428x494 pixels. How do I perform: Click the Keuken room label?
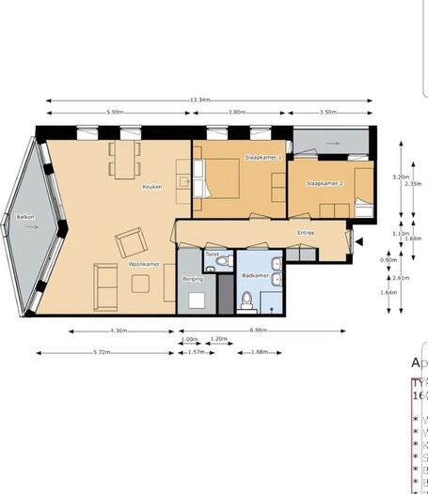(152, 186)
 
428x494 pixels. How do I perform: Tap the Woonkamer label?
(142, 264)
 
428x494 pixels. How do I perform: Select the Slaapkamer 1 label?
(263, 157)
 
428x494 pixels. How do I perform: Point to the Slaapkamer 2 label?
(325, 183)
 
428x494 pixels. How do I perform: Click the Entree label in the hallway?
(306, 232)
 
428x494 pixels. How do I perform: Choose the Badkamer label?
(256, 276)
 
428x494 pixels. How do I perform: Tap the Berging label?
(193, 279)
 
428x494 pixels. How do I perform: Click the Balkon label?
(24, 217)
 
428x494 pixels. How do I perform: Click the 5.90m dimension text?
(115, 112)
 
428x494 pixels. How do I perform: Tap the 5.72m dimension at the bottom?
(105, 352)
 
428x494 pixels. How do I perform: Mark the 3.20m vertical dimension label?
(401, 177)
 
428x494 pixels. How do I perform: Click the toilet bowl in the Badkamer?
(246, 300)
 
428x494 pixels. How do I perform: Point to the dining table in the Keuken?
(125, 159)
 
